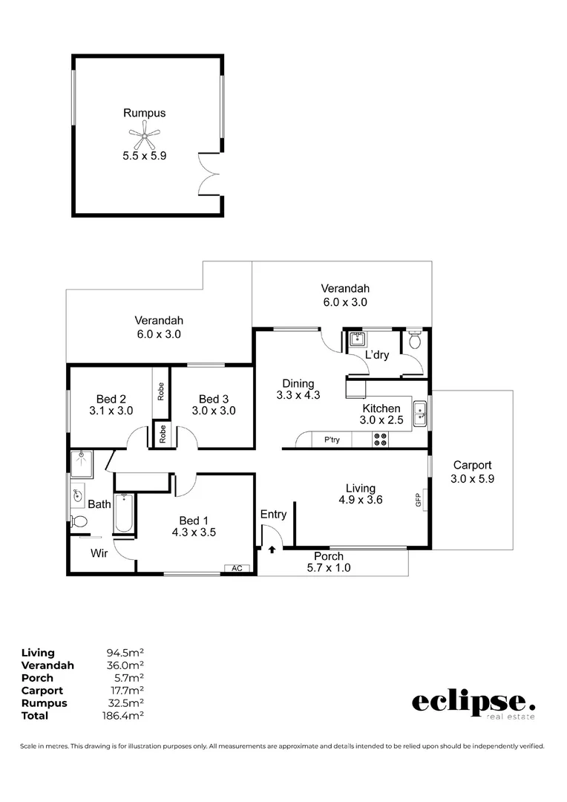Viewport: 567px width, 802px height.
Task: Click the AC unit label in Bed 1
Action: tap(237, 568)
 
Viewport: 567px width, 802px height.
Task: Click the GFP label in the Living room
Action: tap(419, 500)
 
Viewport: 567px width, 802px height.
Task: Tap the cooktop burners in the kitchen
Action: tap(380, 440)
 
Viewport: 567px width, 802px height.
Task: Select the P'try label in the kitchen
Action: tap(332, 440)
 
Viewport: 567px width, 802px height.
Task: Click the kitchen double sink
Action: tap(420, 414)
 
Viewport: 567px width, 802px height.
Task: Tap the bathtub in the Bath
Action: tap(124, 513)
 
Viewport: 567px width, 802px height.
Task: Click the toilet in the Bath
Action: tap(78, 521)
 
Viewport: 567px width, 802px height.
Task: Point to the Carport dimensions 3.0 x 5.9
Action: tap(472, 479)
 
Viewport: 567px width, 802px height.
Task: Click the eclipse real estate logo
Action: tap(473, 703)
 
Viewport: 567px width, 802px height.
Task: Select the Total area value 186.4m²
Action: tap(122, 716)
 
